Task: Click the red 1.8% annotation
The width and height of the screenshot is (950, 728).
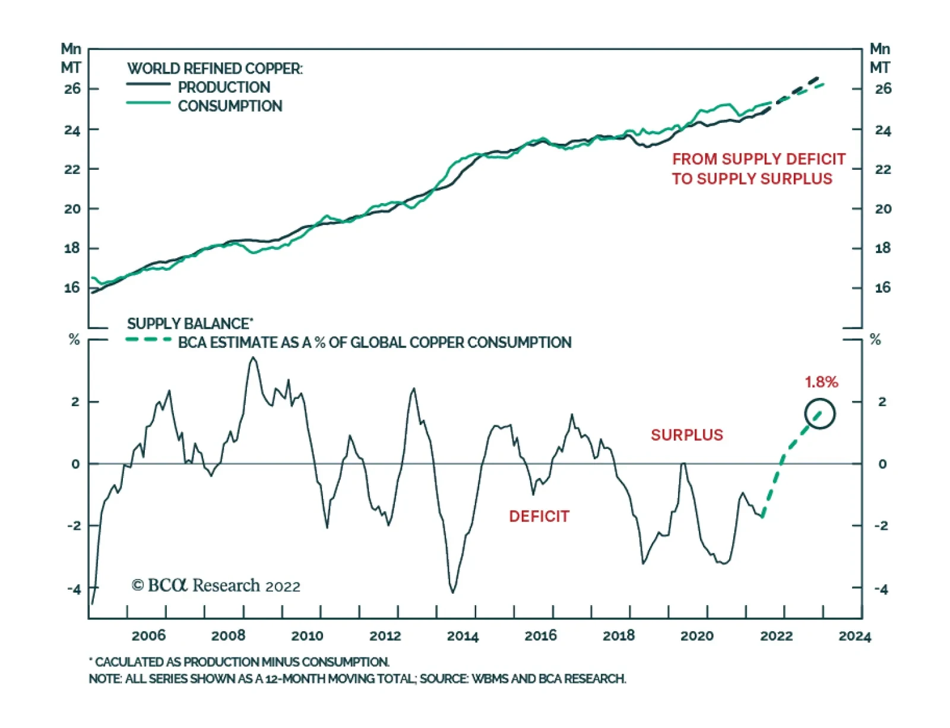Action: [x=821, y=382]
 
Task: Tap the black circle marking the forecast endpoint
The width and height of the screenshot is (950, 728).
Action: [x=820, y=414]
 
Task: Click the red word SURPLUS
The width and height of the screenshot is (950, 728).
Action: [x=687, y=435]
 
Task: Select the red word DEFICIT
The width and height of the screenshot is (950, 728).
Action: [x=539, y=517]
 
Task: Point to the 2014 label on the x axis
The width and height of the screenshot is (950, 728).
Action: [x=463, y=636]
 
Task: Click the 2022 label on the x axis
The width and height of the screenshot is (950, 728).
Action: [x=776, y=636]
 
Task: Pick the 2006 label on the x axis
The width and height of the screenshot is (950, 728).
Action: [x=148, y=636]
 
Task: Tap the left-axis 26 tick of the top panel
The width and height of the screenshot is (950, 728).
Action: [x=72, y=89]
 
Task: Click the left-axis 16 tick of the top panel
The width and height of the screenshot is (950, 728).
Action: [x=72, y=288]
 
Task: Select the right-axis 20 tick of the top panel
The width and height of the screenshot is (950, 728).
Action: [x=883, y=209]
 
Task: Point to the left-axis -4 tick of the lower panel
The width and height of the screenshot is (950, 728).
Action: [x=74, y=590]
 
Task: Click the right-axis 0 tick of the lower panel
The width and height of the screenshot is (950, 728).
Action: [x=882, y=464]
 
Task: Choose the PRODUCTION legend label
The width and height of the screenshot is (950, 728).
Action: [x=224, y=87]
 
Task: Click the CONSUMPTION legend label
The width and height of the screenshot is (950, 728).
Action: [x=230, y=106]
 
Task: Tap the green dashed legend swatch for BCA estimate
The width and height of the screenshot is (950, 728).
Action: [x=148, y=340]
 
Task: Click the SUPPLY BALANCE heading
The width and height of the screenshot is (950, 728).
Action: [x=189, y=324]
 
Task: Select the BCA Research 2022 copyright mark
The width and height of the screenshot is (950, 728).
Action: [x=216, y=586]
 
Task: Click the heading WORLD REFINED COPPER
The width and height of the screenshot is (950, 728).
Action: [x=214, y=69]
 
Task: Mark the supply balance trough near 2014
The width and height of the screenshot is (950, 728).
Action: [x=453, y=592]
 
